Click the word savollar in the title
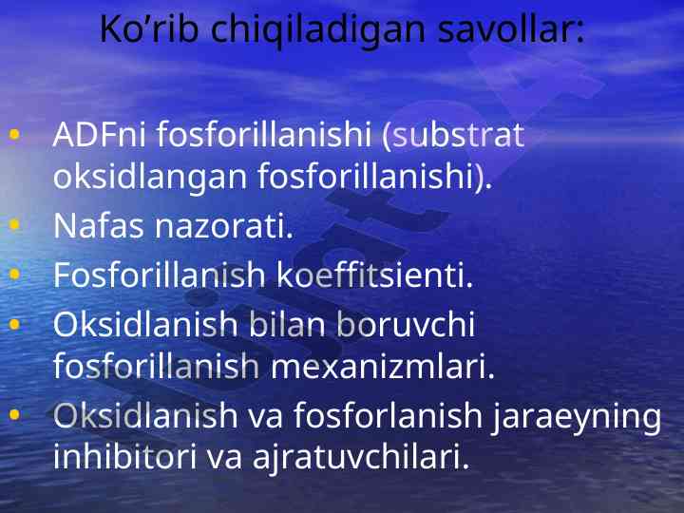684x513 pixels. coord(511,29)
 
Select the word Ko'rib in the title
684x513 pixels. coord(149,29)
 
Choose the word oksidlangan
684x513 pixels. coord(150,177)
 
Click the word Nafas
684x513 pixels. coord(98,225)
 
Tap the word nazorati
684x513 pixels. coord(224,225)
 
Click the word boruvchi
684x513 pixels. coord(407,324)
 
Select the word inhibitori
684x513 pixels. coord(124,456)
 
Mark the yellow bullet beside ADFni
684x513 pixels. coord(14,134)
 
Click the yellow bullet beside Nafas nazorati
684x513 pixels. coord(14,224)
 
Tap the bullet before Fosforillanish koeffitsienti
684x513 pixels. coord(14,274)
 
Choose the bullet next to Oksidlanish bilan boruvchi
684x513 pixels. coord(14,324)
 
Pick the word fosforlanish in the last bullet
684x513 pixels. coord(388,415)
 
